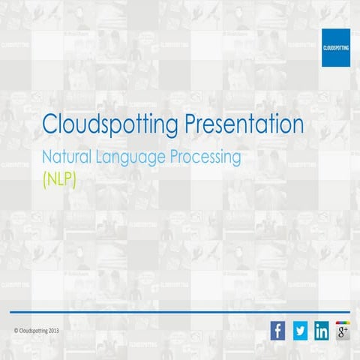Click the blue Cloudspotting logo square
tap(336, 47)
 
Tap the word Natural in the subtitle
tap(68, 158)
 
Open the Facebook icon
tap(278, 331)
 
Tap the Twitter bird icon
tap(300, 331)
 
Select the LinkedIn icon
tap(322, 331)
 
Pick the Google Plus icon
tap(343, 331)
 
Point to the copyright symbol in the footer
tap(16, 331)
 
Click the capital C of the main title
tap(49, 124)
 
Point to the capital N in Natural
tap(49, 158)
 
